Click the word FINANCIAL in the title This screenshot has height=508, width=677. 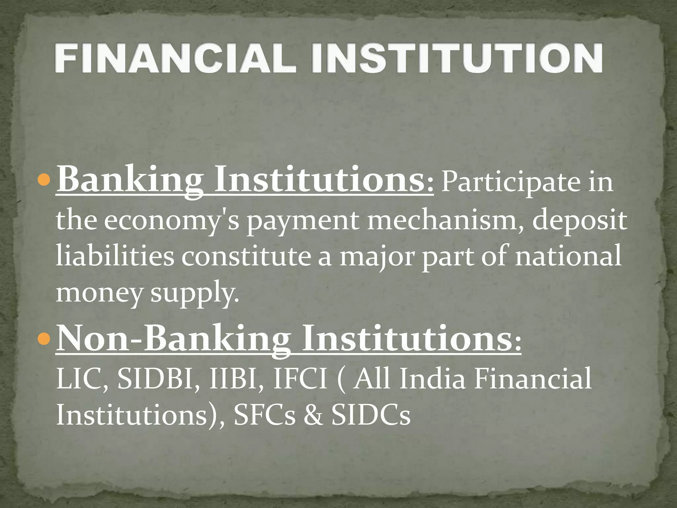(175, 59)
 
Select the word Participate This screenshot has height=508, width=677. (511, 183)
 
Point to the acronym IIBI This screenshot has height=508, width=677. (236, 379)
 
